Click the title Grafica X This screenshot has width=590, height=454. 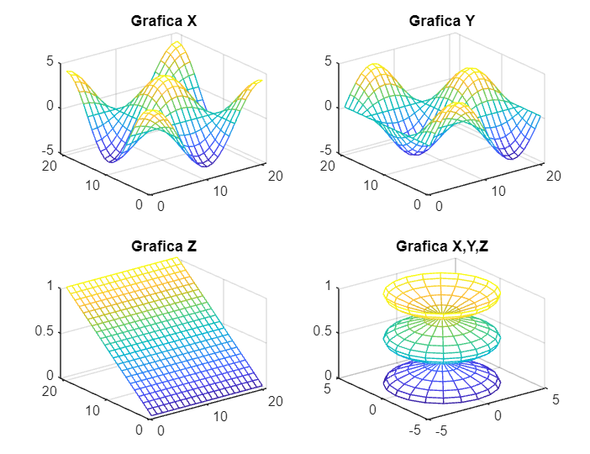164,20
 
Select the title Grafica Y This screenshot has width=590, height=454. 441,20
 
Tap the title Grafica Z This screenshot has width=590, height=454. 164,246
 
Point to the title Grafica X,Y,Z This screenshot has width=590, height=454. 441,246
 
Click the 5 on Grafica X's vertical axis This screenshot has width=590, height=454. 50,61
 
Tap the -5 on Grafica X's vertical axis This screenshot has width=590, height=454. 48,150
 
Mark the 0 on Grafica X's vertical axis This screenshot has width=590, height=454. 50,106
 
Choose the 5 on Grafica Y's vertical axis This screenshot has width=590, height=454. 328,61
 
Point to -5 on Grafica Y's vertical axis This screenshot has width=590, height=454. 325,150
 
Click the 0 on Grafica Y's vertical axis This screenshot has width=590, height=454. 328,106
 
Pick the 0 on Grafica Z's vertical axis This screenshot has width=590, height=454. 50,376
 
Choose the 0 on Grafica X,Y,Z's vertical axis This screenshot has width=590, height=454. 328,376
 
